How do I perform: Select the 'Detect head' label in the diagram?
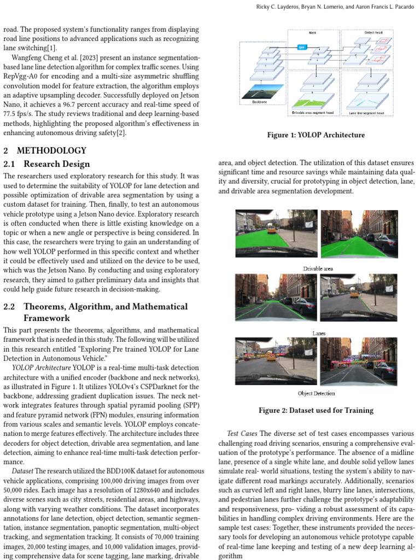coord(374,33)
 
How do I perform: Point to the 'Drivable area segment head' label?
coord(313,113)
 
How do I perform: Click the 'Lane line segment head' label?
coord(366,113)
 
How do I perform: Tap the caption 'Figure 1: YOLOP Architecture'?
coord(315,135)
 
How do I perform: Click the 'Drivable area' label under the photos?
coord(318,269)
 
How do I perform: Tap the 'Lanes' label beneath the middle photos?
coord(318,333)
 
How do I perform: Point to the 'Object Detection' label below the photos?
coord(317,393)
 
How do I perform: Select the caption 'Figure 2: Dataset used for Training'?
coord(316,410)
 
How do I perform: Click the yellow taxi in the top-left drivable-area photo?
coord(272,230)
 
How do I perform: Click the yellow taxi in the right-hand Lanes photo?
coord(354,294)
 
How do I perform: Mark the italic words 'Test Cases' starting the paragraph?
coord(242,433)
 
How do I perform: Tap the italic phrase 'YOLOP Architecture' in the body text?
coord(41,367)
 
